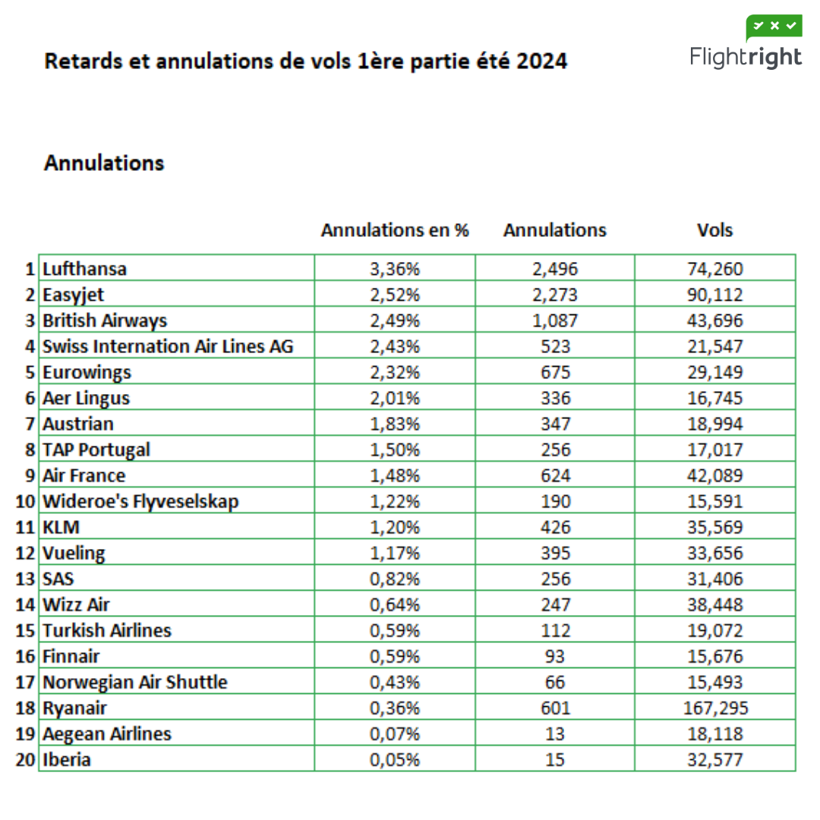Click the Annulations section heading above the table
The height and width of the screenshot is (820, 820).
coord(104,163)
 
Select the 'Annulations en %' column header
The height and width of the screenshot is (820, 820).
coord(395,230)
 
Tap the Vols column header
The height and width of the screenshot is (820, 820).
coord(715,230)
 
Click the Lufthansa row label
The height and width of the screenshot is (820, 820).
coord(85,269)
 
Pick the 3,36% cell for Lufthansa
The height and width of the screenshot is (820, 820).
coord(395,269)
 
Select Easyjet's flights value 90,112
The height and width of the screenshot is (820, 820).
coord(715,295)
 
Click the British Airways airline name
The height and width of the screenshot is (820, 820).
coord(105,320)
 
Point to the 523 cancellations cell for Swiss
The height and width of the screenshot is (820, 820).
coord(555,346)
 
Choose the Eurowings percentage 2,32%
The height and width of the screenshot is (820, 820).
coord(395,372)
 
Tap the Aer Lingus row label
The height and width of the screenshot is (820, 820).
coord(87,398)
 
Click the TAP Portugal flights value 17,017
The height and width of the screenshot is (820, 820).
coord(715,449)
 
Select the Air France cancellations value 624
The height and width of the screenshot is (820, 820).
coord(555,475)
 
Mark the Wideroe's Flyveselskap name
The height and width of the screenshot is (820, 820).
coord(140,501)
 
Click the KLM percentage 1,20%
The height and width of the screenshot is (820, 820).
coord(395,527)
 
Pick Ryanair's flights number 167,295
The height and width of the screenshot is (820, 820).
coord(715,708)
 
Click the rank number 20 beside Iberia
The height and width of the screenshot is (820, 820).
coord(26,759)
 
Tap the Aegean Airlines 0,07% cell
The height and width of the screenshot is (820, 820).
coord(395,733)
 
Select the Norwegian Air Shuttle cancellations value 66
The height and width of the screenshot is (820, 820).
coord(555,682)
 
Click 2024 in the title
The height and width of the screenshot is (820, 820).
coord(541,61)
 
